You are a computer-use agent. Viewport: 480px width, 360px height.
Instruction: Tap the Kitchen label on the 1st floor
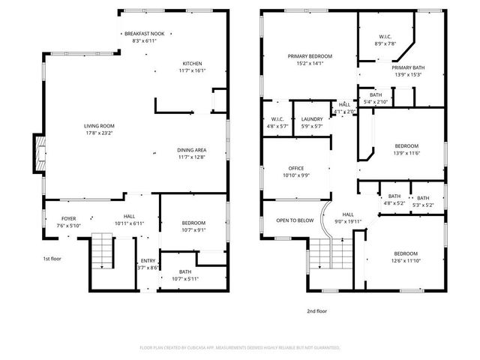click(193, 63)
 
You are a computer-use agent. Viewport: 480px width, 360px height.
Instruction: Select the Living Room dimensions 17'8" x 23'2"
click(99, 133)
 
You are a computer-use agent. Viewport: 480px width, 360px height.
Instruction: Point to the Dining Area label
click(192, 149)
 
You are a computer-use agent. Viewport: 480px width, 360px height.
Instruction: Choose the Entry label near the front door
click(148, 260)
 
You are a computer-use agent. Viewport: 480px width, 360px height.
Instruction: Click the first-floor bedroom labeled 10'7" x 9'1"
click(193, 223)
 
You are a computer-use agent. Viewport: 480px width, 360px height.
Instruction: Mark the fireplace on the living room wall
click(37, 153)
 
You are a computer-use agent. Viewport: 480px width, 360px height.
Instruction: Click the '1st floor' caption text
click(51, 258)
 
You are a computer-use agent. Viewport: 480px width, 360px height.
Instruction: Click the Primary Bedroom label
click(310, 56)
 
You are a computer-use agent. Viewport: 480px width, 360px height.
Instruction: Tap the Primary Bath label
click(407, 67)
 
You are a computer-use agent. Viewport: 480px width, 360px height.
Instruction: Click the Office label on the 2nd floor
click(296, 168)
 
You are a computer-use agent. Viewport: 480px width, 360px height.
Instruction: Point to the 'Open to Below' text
click(295, 220)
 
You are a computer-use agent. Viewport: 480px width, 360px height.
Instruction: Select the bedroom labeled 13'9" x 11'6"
click(406, 145)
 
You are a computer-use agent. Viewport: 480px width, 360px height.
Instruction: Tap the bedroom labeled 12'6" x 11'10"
click(406, 253)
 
